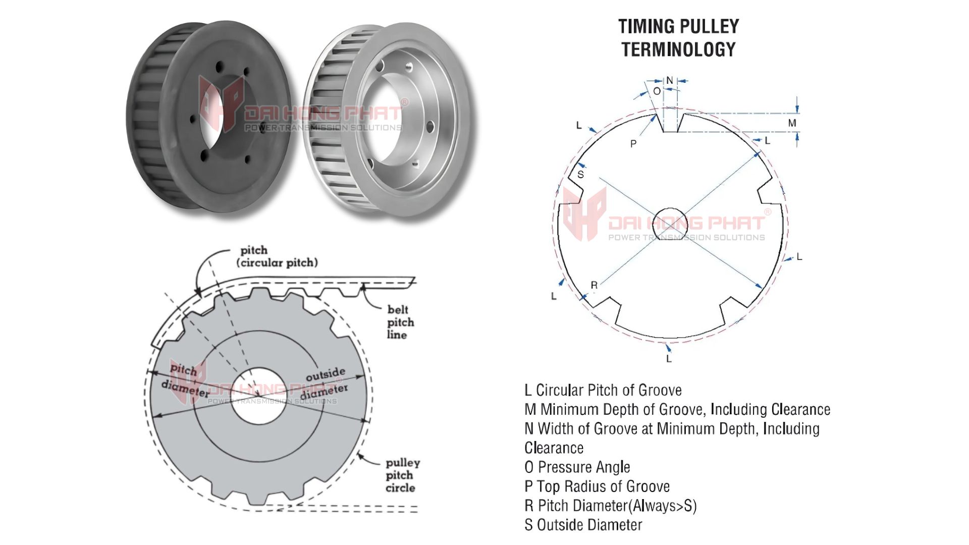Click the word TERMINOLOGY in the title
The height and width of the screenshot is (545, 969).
[x=678, y=49]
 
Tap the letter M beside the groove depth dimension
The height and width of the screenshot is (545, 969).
[x=792, y=123]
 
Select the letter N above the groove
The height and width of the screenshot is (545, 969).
[x=669, y=80]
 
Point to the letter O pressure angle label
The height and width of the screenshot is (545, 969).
[x=657, y=91]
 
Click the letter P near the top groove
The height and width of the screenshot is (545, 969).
[x=633, y=144]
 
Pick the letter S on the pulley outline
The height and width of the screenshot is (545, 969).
[x=580, y=175]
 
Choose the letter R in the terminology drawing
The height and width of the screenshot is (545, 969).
[x=594, y=285]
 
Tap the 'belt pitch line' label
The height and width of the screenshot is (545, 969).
[x=400, y=322]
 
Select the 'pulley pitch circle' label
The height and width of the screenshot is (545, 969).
[x=402, y=475]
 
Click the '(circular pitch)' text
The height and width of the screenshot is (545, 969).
[x=277, y=263]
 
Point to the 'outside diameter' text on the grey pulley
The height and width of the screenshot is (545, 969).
[x=327, y=383]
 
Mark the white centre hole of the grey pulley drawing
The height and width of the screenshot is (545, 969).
[x=258, y=395]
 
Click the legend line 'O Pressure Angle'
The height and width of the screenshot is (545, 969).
[x=577, y=467]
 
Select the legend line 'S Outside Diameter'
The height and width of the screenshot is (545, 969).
[x=583, y=525]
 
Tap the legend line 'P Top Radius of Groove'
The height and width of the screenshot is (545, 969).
[x=597, y=486]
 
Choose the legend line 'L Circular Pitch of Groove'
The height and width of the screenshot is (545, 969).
[x=603, y=390]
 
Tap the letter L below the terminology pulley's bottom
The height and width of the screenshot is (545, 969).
[x=669, y=359]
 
